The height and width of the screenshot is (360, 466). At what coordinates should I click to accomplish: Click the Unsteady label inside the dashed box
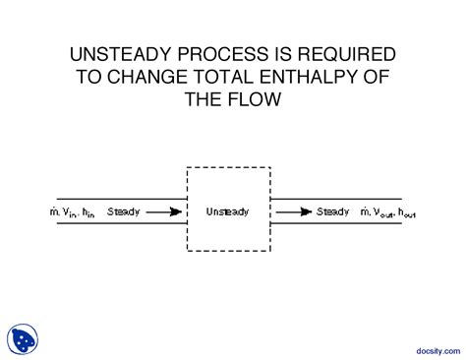[x=228, y=210]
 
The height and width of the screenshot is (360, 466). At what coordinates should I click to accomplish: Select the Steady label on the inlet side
[x=124, y=210]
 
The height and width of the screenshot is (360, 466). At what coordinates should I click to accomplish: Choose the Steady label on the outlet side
[x=332, y=210]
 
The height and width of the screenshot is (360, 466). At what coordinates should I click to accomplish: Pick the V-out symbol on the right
[x=383, y=211]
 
